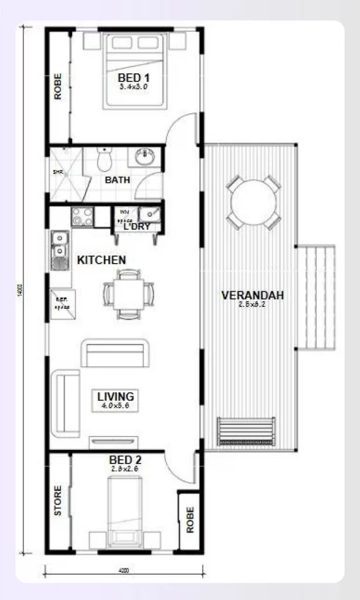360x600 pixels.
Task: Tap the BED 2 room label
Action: pyautogui.click(x=125, y=461)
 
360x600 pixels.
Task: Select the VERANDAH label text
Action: pyautogui.click(x=252, y=296)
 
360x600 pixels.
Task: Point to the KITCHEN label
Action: pyautogui.click(x=101, y=260)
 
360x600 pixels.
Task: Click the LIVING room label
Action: pyautogui.click(x=116, y=397)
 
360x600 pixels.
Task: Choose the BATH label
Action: pyautogui.click(x=117, y=180)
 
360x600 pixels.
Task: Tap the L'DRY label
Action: pyautogui.click(x=137, y=226)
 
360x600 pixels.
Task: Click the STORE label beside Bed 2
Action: pyautogui.click(x=58, y=500)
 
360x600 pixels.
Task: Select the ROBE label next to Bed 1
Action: pyautogui.click(x=58, y=87)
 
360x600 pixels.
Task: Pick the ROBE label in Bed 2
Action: pyautogui.click(x=190, y=520)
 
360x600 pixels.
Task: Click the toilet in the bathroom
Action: pyautogui.click(x=104, y=159)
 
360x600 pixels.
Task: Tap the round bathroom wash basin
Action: pyautogui.click(x=144, y=156)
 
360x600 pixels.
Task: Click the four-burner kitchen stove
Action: pyautogui.click(x=81, y=217)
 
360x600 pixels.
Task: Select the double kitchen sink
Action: pyautogui.click(x=59, y=250)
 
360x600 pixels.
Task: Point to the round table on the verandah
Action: pyautogui.click(x=254, y=202)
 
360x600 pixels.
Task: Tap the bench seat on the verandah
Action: pyautogui.click(x=246, y=432)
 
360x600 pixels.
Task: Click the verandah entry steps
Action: pyautogui.click(x=316, y=297)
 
